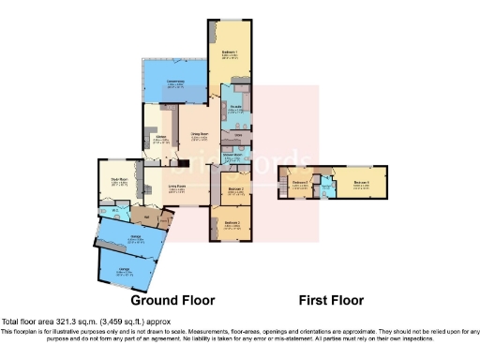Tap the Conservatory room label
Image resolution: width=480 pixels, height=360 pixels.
tap(175, 83)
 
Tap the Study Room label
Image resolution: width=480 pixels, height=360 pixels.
tap(119, 181)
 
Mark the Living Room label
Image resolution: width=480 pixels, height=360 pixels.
tap(176, 187)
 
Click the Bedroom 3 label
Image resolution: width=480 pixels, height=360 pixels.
tap(232, 224)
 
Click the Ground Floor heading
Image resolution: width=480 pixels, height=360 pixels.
tap(172, 301)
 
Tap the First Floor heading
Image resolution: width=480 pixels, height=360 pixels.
tap(331, 301)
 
